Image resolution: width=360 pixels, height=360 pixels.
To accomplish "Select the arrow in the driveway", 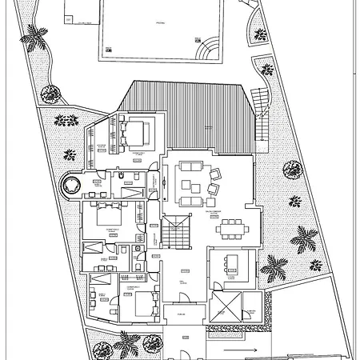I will click(248, 350).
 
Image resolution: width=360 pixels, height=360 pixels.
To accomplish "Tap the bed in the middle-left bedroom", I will click(107, 215).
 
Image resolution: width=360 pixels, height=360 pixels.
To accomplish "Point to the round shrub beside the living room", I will click(290, 170).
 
